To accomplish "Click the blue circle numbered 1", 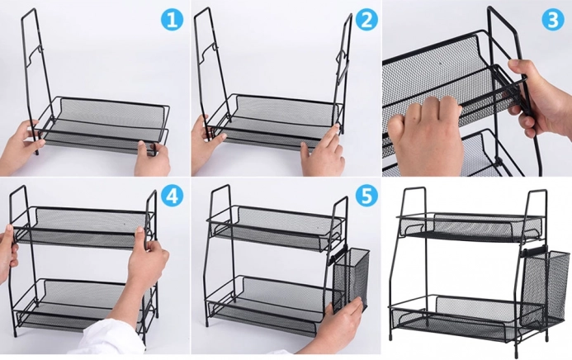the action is [x=172, y=19].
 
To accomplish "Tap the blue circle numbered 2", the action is [x=366, y=19].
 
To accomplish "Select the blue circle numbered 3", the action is [x=553, y=19].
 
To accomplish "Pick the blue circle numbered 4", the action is [x=172, y=197].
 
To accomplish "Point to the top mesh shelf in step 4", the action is [x=82, y=227].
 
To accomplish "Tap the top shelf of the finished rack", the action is [x=470, y=227].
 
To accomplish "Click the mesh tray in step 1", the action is [x=102, y=125].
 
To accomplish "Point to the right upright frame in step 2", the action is [x=343, y=73].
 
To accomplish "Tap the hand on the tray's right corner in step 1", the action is [x=153, y=159].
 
